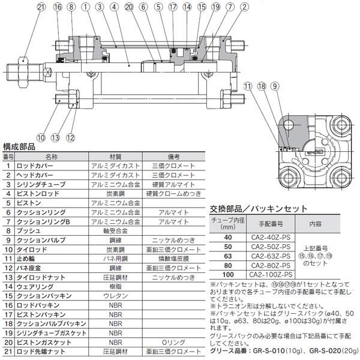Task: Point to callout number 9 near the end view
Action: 274,86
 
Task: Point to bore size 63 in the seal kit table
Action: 226,255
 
